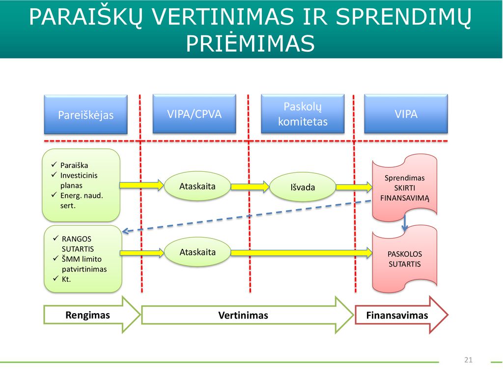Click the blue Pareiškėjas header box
(85, 114)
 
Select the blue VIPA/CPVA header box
(195, 114)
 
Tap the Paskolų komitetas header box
(303, 114)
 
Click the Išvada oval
(303, 187)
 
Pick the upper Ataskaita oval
(197, 186)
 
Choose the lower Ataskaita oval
(197, 252)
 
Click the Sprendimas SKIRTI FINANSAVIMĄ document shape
(405, 188)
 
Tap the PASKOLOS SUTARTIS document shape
(405, 258)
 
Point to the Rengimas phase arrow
(92, 315)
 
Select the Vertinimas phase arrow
(248, 315)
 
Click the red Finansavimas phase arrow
(401, 315)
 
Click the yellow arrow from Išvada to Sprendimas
(354, 187)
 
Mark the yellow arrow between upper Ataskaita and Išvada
(250, 187)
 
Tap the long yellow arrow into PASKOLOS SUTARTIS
(302, 253)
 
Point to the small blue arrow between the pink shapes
(405, 223)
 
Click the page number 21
(468, 360)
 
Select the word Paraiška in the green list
(74, 165)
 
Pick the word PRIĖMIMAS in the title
(251, 43)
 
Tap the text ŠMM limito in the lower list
(82, 259)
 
